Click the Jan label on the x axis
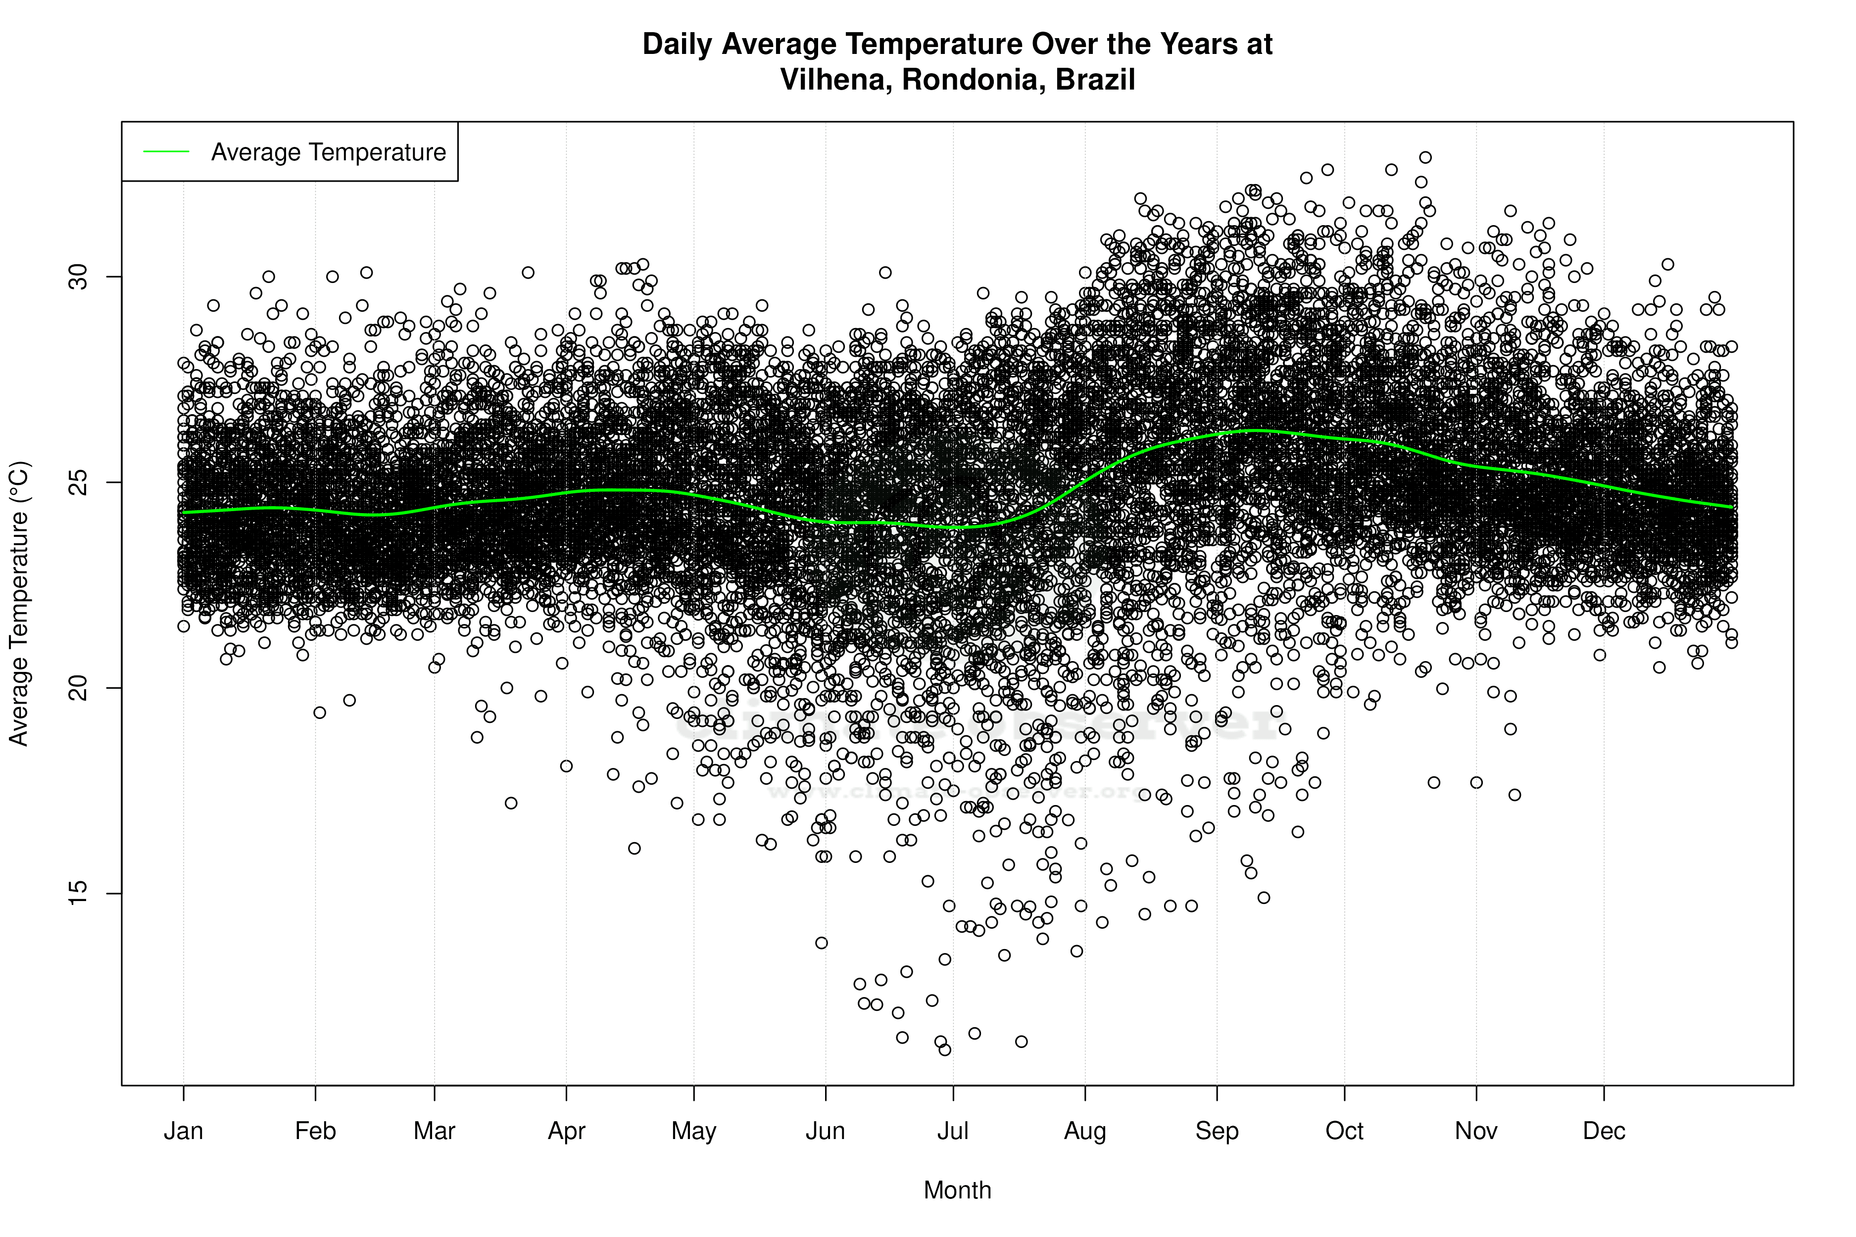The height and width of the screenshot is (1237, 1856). point(183,1131)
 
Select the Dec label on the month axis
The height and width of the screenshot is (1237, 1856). point(1604,1131)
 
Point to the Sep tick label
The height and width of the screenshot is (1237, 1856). point(1217,1131)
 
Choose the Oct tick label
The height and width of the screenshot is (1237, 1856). point(1344,1131)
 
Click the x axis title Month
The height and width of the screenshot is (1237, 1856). point(957,1190)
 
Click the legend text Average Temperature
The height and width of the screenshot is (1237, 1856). point(328,152)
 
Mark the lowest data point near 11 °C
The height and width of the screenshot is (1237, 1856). point(944,1049)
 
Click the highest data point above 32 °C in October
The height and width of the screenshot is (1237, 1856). point(1425,158)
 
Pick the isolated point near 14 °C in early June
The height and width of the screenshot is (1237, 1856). point(822,943)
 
